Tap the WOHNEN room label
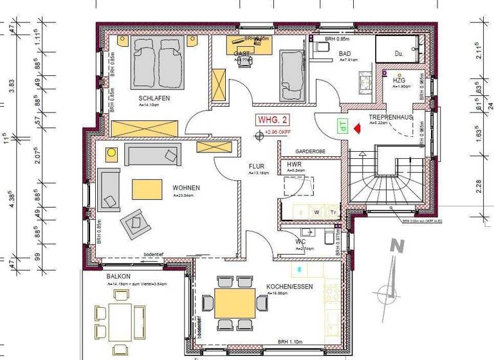[x=186, y=188]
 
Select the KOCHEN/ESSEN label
[x=289, y=287]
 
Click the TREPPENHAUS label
[x=390, y=118]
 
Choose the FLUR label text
[x=257, y=166]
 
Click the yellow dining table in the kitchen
[x=234, y=303]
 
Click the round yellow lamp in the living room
[x=111, y=153]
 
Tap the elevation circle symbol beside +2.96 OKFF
[x=259, y=134]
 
